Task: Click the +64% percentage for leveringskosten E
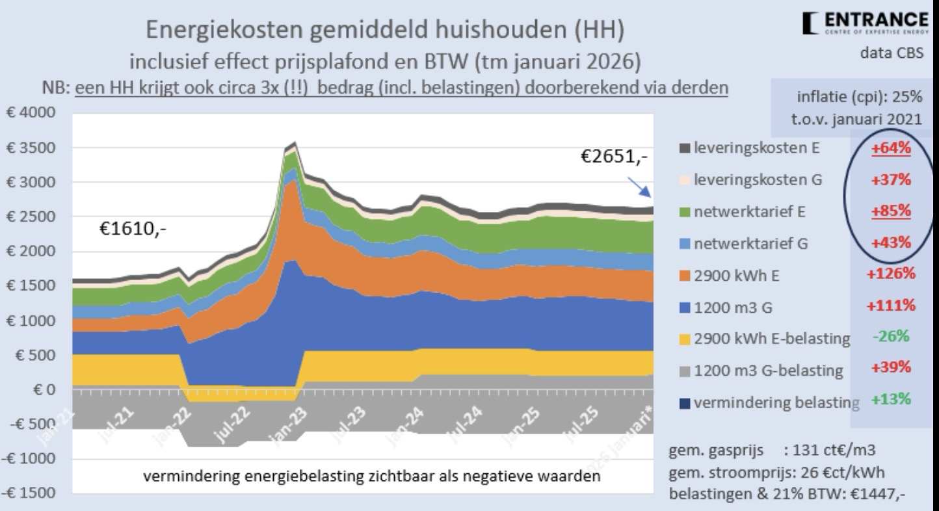click(892, 148)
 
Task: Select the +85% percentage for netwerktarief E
click(892, 211)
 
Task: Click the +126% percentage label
click(890, 273)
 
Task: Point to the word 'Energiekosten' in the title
click(214, 30)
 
